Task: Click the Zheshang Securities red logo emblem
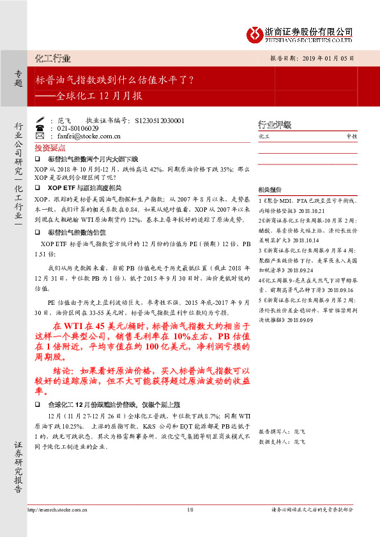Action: pyautogui.click(x=255, y=33)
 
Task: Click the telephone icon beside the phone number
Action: pyautogui.click(x=40, y=128)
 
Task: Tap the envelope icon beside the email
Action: pyautogui.click(x=40, y=136)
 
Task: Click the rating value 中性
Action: pyautogui.click(x=352, y=136)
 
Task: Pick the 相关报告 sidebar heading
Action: pyautogui.click(x=270, y=190)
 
